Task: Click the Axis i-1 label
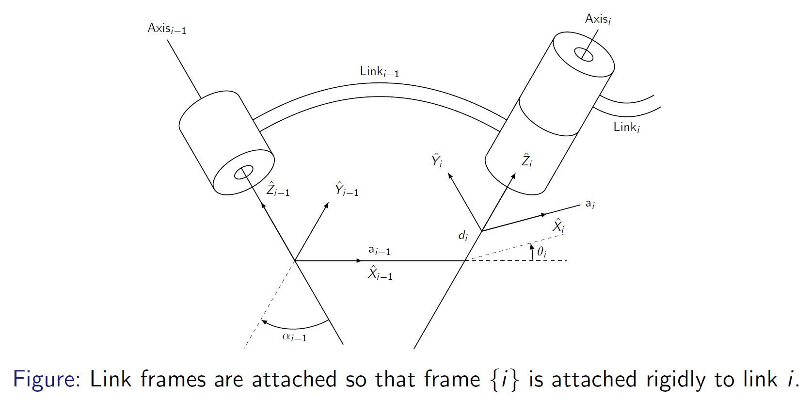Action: pos(167,28)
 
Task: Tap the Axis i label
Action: pos(598,19)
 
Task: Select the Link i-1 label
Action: pos(379,71)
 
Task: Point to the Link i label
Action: pos(626,127)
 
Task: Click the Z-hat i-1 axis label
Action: pos(278,189)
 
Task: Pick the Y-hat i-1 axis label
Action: pos(347,189)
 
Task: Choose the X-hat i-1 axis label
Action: pos(380,273)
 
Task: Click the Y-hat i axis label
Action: pos(437,160)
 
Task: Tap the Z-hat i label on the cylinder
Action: pos(526,160)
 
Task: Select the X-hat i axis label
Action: pos(559,226)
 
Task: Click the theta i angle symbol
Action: pos(541,252)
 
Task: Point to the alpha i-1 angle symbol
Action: pos(294,336)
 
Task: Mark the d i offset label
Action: pos(463,236)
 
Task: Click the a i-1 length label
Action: pos(379,250)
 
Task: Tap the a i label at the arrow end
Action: pos(590,204)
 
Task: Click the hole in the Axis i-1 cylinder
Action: pos(243,172)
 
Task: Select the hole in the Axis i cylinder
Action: pos(584,54)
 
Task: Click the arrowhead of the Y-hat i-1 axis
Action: pos(327,205)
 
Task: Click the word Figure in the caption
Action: pos(46,379)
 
